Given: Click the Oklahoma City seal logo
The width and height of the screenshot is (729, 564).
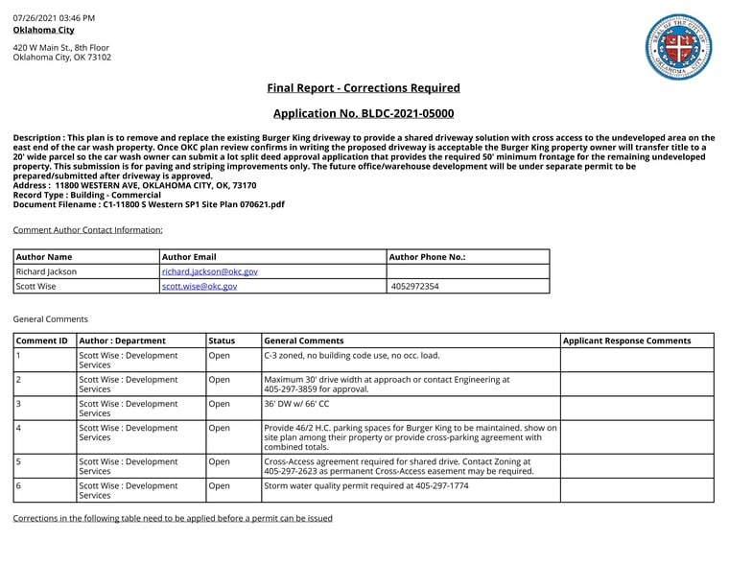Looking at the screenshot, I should pos(678,47).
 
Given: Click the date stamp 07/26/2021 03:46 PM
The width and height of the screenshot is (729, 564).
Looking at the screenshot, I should pos(54,18).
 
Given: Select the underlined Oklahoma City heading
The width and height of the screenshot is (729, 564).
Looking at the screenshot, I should pos(43,30).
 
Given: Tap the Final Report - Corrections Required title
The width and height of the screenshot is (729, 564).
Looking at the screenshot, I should pos(364,88).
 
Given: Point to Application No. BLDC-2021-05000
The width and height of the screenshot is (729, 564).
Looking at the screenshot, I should pos(364,113).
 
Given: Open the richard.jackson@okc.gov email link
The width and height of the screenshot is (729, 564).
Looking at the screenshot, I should pos(209,271).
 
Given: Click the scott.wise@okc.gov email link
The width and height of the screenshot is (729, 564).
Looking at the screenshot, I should pos(200,286).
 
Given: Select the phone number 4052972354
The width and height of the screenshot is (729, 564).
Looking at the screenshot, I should pos(415,286).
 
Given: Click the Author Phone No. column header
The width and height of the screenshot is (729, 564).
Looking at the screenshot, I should pos(428,257).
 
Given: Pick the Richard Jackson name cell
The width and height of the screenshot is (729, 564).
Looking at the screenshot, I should pos(47,271).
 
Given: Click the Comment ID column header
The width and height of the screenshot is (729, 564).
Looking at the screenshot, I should pos(42,341).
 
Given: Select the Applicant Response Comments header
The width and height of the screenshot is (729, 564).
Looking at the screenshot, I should pos(626,341).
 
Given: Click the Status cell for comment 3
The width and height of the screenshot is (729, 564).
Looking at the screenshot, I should pos(220,404).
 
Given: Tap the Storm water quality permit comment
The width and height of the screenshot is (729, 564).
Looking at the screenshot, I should pos(365,486).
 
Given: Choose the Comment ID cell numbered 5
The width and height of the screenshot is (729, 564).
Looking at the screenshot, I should pos(19,460).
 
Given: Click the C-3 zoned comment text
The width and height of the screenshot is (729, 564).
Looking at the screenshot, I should pos(352,355).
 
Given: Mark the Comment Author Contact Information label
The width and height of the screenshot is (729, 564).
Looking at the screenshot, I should pos(87,230).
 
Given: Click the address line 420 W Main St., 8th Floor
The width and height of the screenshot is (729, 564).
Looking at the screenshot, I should pos(61,47).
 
